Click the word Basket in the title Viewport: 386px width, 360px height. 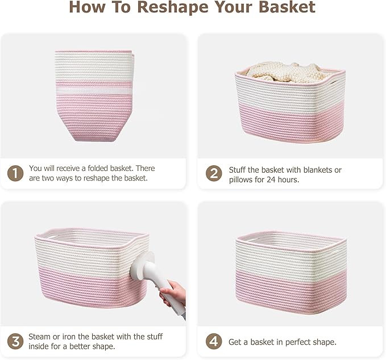(x=287, y=8)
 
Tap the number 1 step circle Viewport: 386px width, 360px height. (x=15, y=173)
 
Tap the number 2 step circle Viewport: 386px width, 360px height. (x=213, y=173)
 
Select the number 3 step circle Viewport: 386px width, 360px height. (x=15, y=342)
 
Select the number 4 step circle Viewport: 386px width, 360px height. (x=213, y=342)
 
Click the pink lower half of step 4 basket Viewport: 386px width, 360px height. (x=290, y=290)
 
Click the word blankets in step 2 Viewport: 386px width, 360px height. (x=317, y=170)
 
